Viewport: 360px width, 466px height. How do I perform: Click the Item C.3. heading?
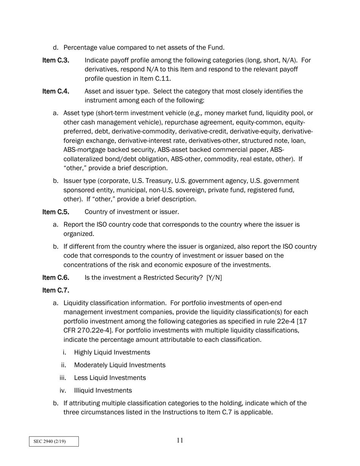tap(56, 60)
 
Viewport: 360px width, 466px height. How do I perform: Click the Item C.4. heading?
tap(56, 91)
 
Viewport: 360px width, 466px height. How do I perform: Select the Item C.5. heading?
tap(56, 212)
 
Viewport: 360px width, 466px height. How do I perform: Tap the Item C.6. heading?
tap(56, 278)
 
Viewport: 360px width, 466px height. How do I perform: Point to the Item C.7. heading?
tap(56, 291)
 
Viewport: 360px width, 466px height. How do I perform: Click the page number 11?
tap(180, 440)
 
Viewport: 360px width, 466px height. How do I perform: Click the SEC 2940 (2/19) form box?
tap(54, 441)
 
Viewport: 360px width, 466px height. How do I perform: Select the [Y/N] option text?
tap(214, 278)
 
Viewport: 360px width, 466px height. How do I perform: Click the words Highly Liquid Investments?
tap(112, 352)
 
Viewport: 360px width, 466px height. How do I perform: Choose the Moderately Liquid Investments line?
tap(119, 365)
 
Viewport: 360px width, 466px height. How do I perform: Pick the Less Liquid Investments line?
tap(110, 378)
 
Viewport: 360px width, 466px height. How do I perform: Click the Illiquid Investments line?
tap(103, 391)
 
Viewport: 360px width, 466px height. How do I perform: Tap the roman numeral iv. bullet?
tap(63, 391)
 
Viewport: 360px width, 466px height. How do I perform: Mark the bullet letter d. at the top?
tap(56, 48)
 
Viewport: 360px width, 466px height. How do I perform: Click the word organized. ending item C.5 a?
tap(78, 234)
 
